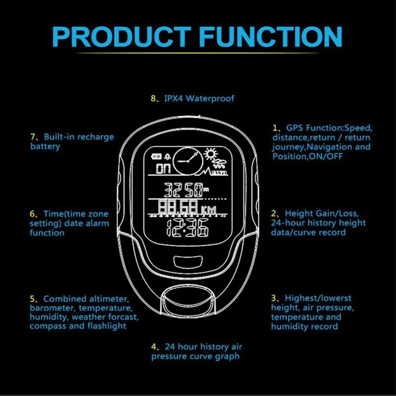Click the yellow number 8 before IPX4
pos(153,99)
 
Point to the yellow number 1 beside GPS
pos(275,128)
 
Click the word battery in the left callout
pos(45,147)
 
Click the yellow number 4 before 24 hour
pos(154,347)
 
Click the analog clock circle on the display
pos(187,161)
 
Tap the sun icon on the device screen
pos(210,154)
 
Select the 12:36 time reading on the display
pos(187,229)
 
